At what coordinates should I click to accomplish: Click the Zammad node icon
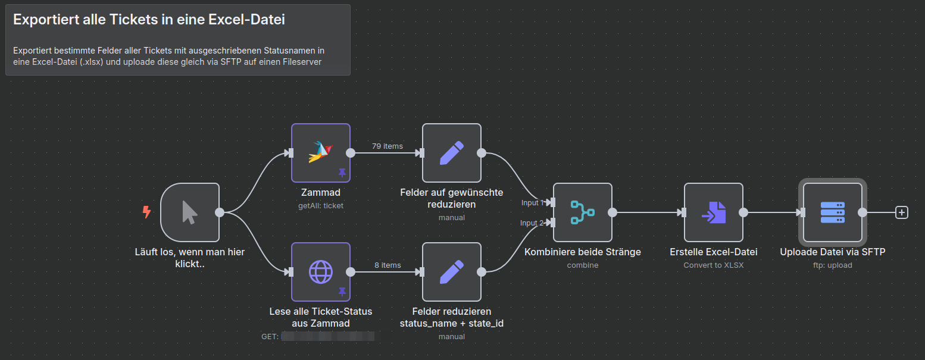320,152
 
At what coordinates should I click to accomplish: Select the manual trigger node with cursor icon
190,212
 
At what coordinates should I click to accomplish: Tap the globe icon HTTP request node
320,271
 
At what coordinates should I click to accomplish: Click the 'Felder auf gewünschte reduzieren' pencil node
451,153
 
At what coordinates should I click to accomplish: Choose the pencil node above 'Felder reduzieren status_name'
451,272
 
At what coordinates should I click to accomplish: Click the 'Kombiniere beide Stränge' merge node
582,212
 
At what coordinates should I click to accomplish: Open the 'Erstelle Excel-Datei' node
713,212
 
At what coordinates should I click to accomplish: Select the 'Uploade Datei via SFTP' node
832,212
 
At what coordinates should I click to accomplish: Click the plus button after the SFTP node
902,212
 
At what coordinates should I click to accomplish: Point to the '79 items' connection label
387,146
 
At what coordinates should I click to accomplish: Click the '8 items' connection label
387,265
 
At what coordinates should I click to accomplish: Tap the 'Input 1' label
532,203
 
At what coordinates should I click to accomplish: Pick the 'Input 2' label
532,223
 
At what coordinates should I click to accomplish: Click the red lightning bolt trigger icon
146,212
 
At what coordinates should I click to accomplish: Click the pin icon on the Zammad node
342,173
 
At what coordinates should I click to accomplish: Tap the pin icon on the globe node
342,292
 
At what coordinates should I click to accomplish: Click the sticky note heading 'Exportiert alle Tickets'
149,20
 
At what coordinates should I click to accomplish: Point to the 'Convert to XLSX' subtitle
713,265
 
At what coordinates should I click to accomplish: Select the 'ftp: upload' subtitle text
832,265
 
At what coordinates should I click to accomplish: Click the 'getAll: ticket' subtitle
320,205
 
